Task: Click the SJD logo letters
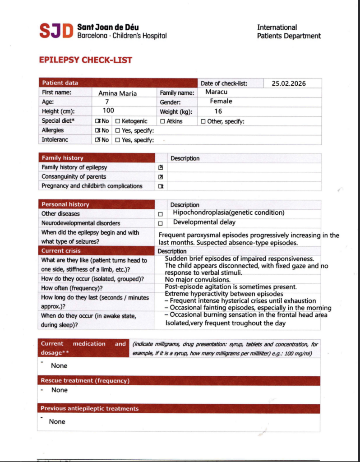coord(56,31)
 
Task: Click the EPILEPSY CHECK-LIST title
coord(86,60)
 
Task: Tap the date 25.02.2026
coord(289,83)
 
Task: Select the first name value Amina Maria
coord(117,93)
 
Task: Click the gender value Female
coord(221,102)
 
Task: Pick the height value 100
coord(108,111)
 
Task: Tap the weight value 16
coord(218,111)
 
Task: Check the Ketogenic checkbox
coord(118,121)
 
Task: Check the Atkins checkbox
coord(162,121)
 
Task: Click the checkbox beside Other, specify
coord(203,121)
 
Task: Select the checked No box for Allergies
coord(97,131)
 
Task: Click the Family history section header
coord(63,158)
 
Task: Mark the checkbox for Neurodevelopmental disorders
coord(160,223)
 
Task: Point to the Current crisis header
coord(61,251)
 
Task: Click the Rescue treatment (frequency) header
coord(85,381)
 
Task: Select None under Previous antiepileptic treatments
coord(57,421)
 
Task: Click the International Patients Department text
coord(289,32)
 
